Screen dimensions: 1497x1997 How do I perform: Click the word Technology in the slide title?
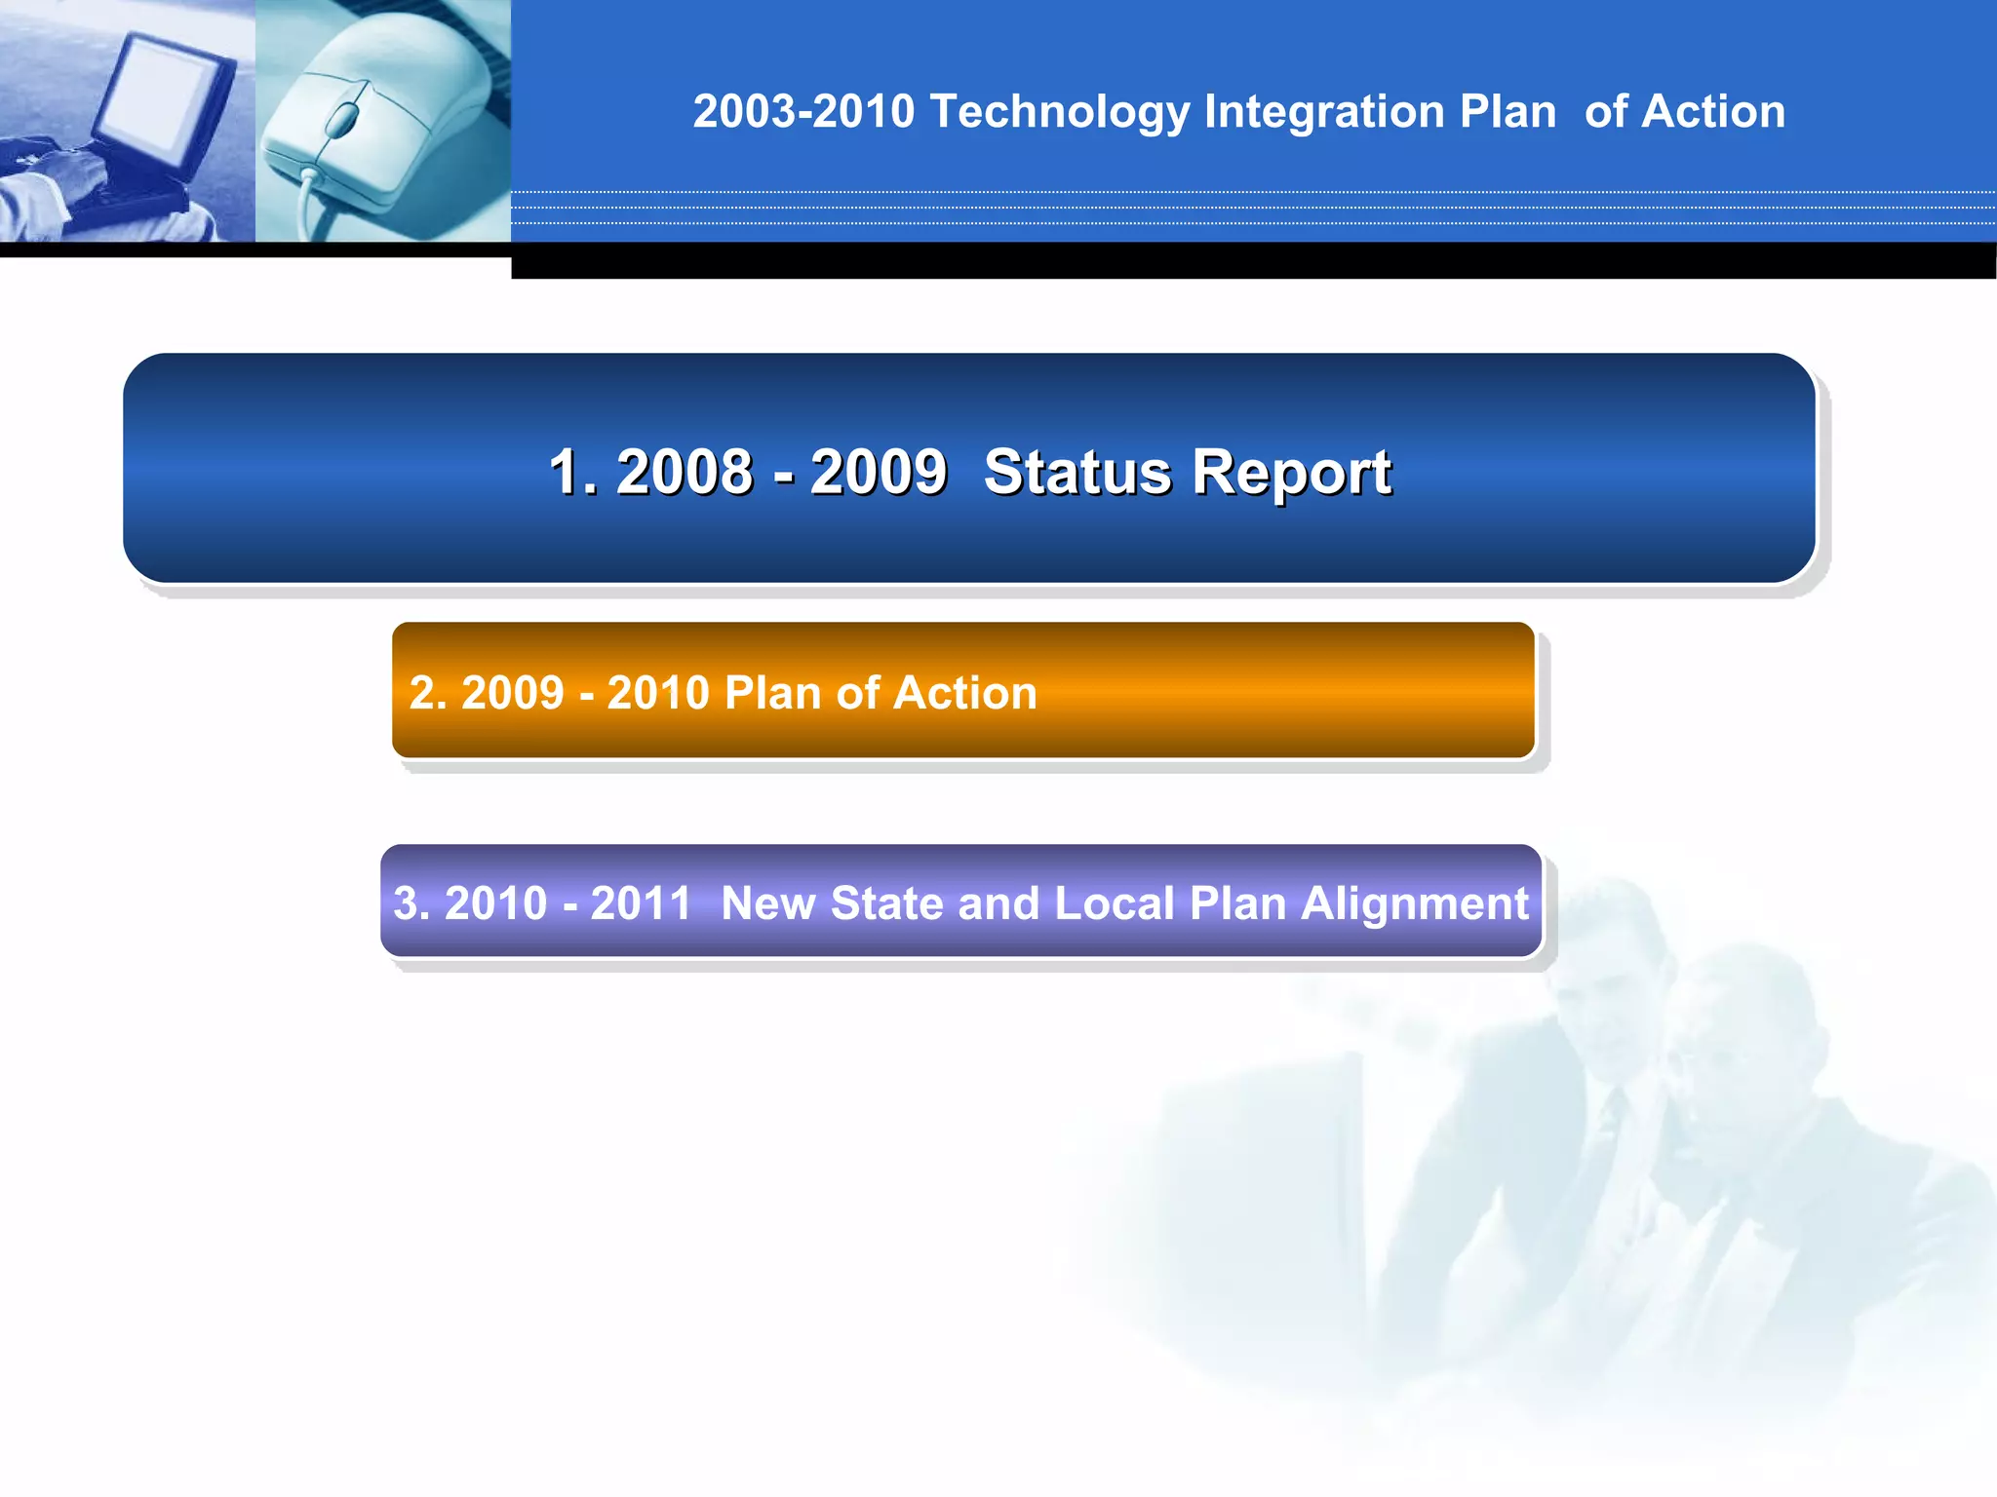(x=1059, y=112)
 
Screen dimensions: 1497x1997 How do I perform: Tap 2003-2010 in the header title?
(x=803, y=112)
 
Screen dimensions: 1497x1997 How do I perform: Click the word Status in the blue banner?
(x=1077, y=473)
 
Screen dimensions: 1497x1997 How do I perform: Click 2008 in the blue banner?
(x=685, y=473)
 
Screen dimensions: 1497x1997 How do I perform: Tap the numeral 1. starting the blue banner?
(x=573, y=473)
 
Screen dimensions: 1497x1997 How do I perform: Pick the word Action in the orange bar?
(x=964, y=693)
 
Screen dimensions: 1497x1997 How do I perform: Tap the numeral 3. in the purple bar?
(x=411, y=903)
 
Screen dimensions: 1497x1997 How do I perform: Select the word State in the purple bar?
(x=886, y=903)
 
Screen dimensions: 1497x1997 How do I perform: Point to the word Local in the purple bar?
(x=1114, y=903)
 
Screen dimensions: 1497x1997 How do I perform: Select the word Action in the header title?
(x=1713, y=112)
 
